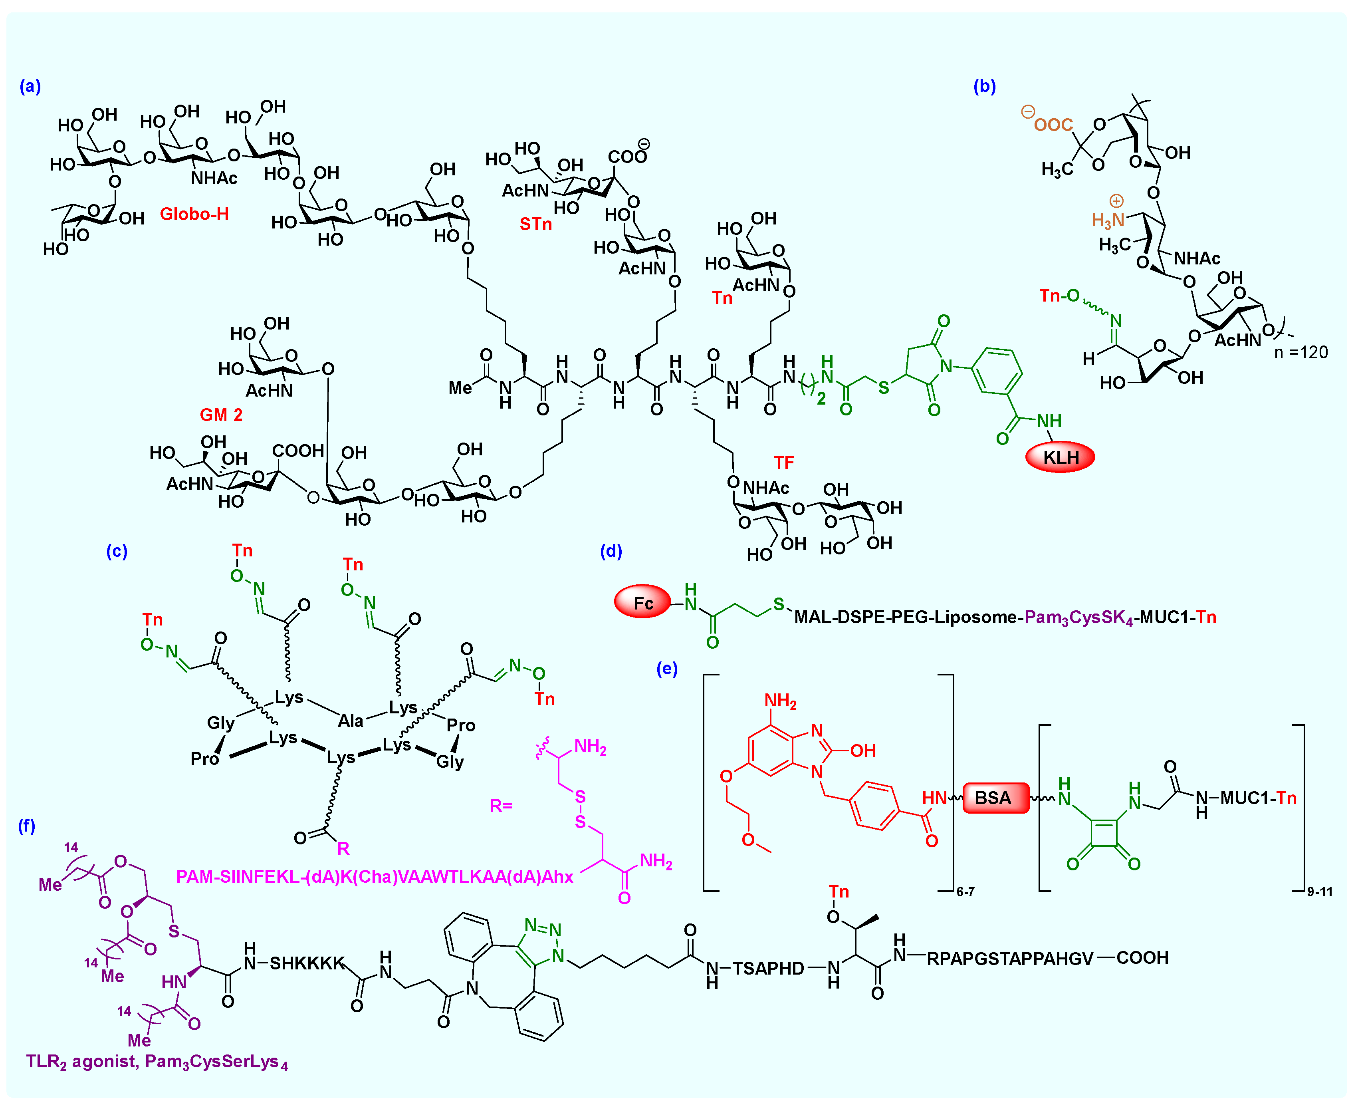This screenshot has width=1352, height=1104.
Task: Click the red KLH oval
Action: pos(1060,457)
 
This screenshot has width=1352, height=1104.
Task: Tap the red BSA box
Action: pos(995,798)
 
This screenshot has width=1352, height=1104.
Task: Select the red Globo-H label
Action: pos(194,214)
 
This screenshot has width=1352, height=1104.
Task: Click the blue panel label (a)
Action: pos(30,87)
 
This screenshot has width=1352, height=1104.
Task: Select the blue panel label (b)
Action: pos(984,87)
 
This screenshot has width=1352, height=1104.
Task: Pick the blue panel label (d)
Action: pos(611,551)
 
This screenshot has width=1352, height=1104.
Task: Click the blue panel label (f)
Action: pos(26,826)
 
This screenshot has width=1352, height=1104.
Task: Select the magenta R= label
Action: pos(500,806)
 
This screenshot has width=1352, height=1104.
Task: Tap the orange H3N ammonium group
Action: pos(1107,220)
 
